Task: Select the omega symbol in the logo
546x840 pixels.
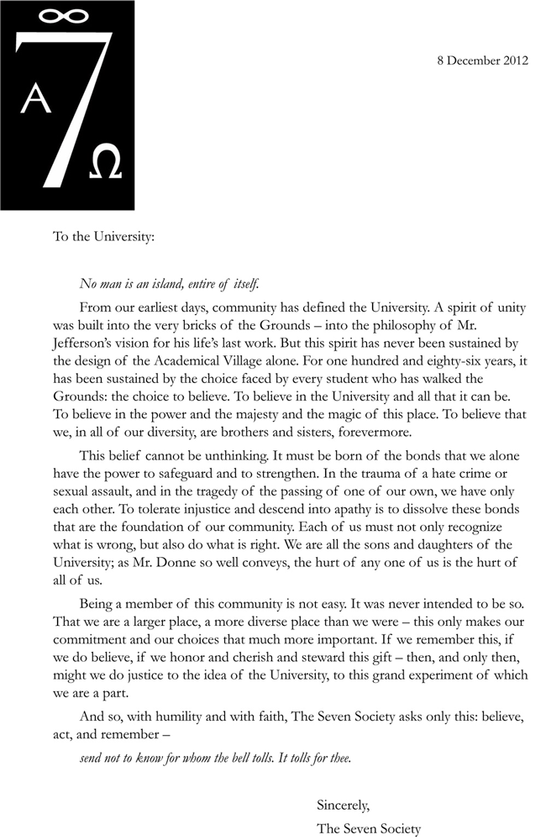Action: pyautogui.click(x=104, y=160)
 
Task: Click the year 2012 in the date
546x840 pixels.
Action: pyautogui.click(x=513, y=60)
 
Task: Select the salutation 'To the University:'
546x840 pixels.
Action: pyautogui.click(x=104, y=237)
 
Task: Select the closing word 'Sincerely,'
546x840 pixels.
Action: pyautogui.click(x=343, y=805)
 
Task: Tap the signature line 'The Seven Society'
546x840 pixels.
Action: pyautogui.click(x=368, y=829)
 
